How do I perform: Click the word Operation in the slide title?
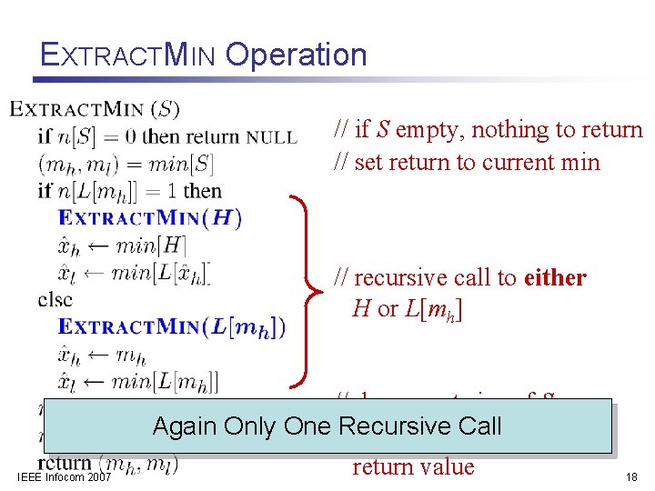point(296,55)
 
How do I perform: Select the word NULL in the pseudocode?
point(272,138)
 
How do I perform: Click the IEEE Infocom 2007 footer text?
point(64,476)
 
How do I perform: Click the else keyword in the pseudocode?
point(55,299)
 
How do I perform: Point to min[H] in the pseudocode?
point(151,245)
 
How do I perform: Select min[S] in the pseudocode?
point(179,165)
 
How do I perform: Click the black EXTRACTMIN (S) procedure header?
point(95,110)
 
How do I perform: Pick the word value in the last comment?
point(446,466)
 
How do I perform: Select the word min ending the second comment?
point(580,163)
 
